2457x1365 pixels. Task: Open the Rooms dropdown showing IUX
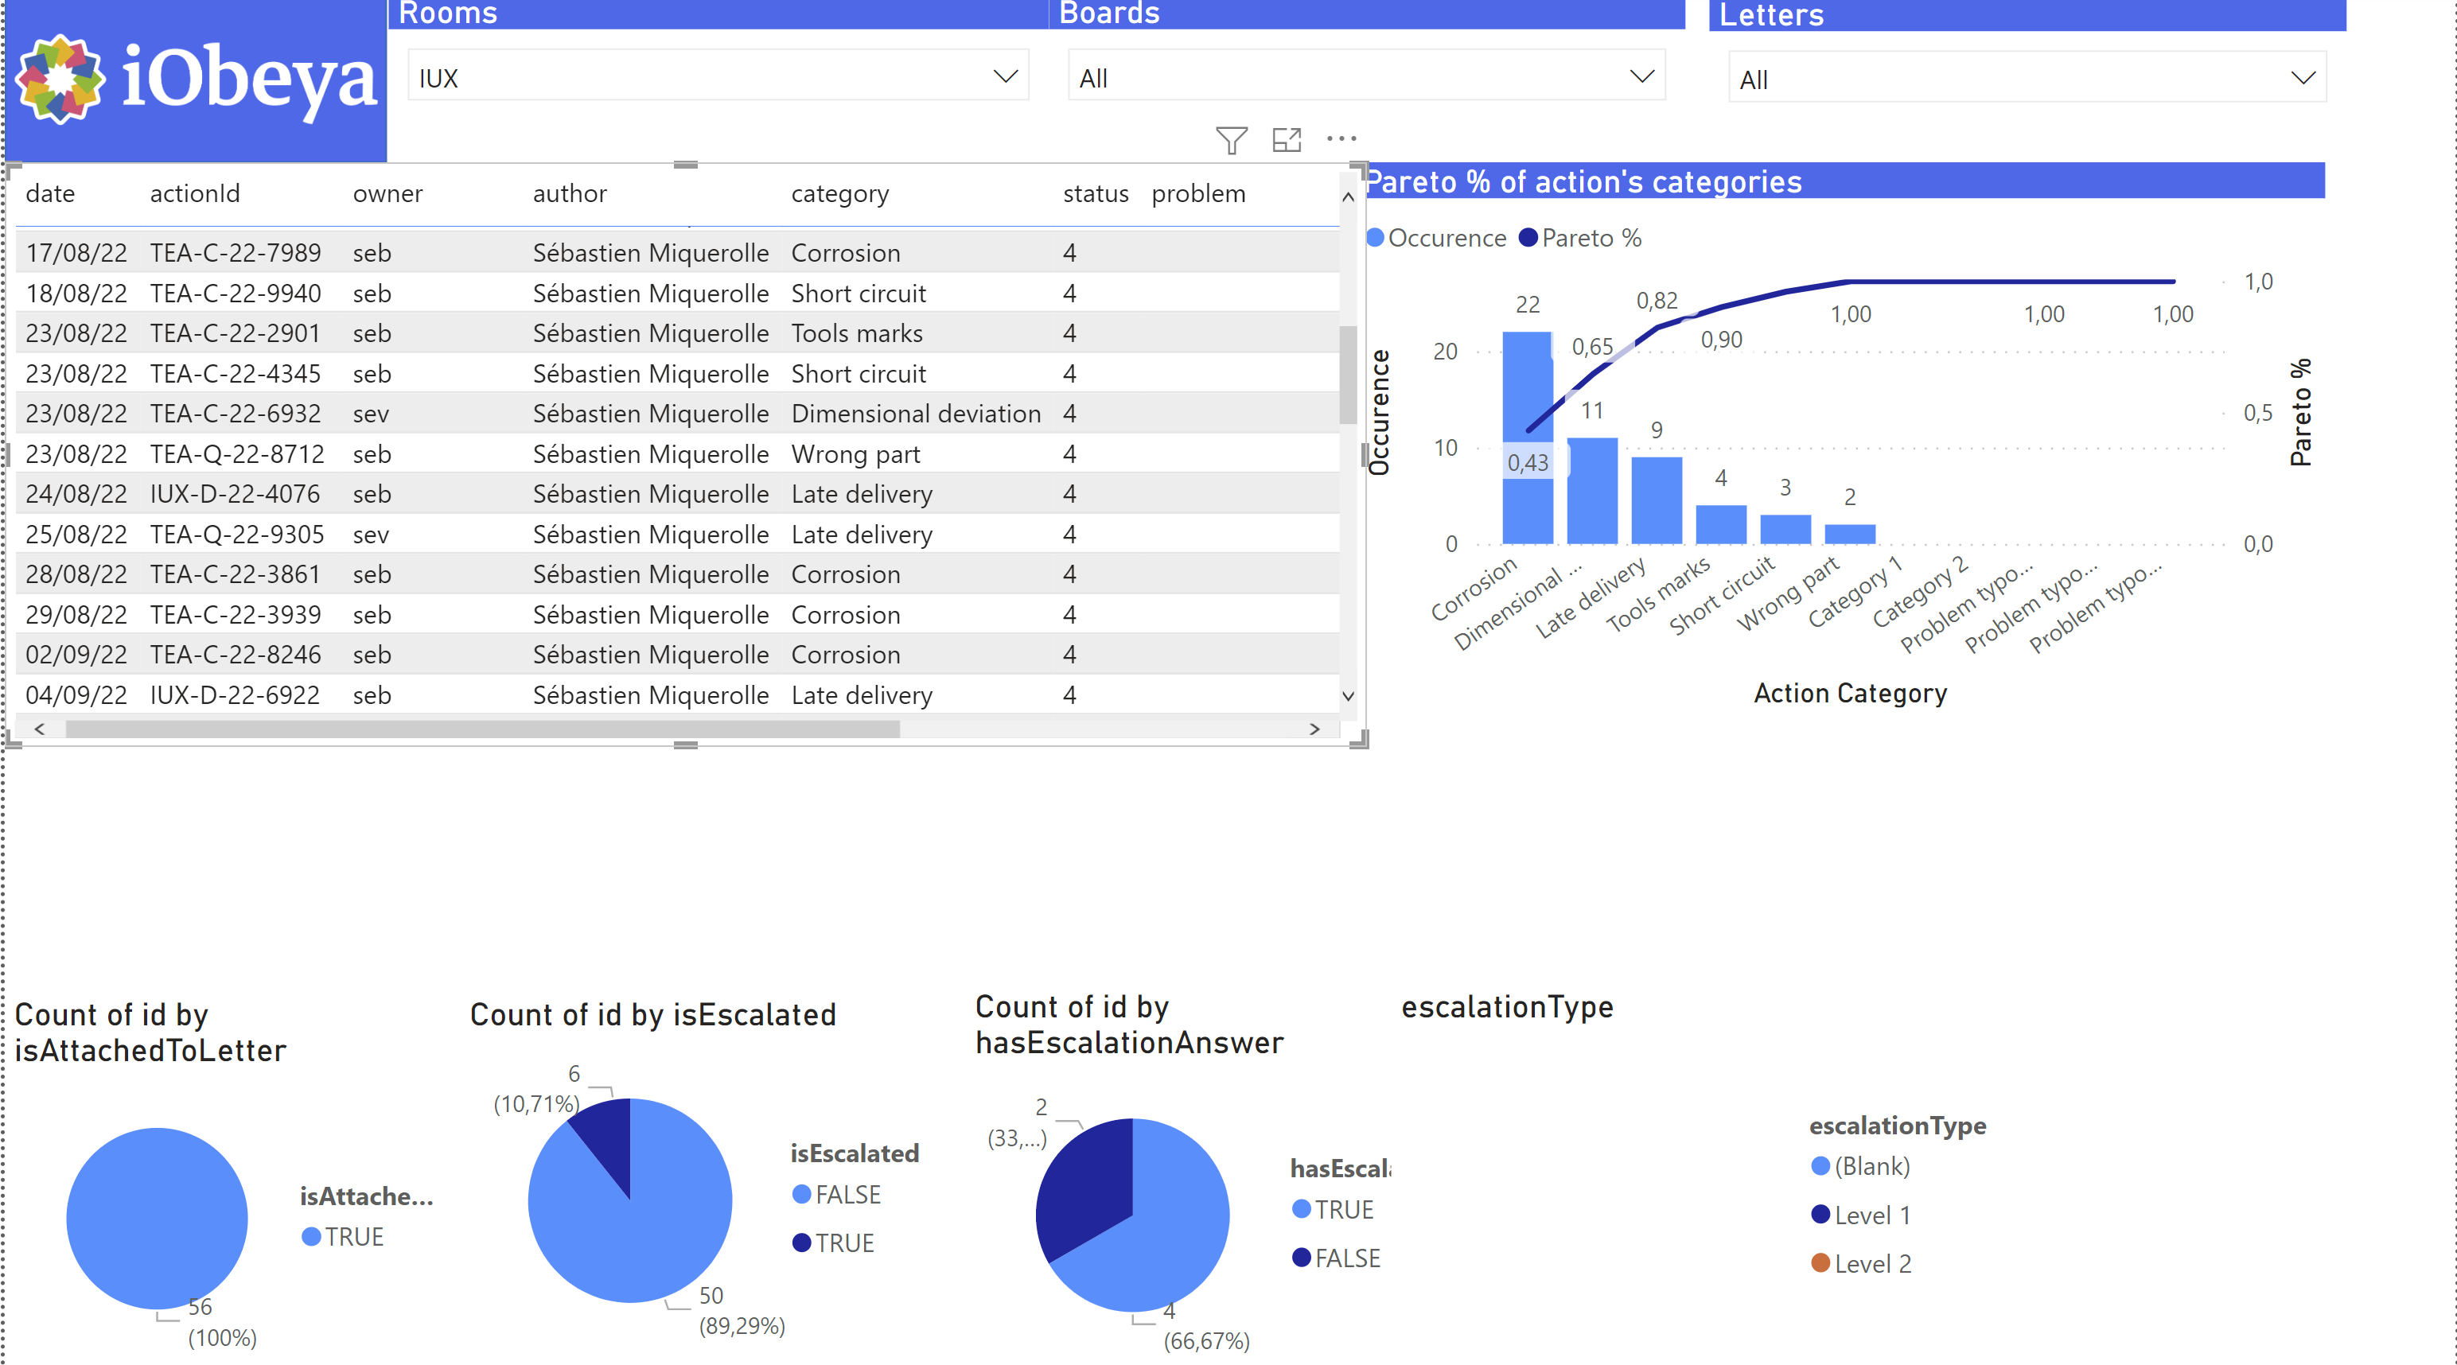717,77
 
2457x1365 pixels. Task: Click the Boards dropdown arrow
1641,76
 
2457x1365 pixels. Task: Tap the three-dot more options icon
1341,139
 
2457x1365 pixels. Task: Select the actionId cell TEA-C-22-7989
235,253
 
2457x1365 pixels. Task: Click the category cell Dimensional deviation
915,414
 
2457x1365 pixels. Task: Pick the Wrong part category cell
855,454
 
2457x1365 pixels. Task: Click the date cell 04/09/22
76,695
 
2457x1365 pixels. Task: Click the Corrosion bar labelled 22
1527,401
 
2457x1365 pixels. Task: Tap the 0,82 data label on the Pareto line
1656,301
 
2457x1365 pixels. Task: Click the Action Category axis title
1849,694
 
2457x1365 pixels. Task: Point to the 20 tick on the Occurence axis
1445,352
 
